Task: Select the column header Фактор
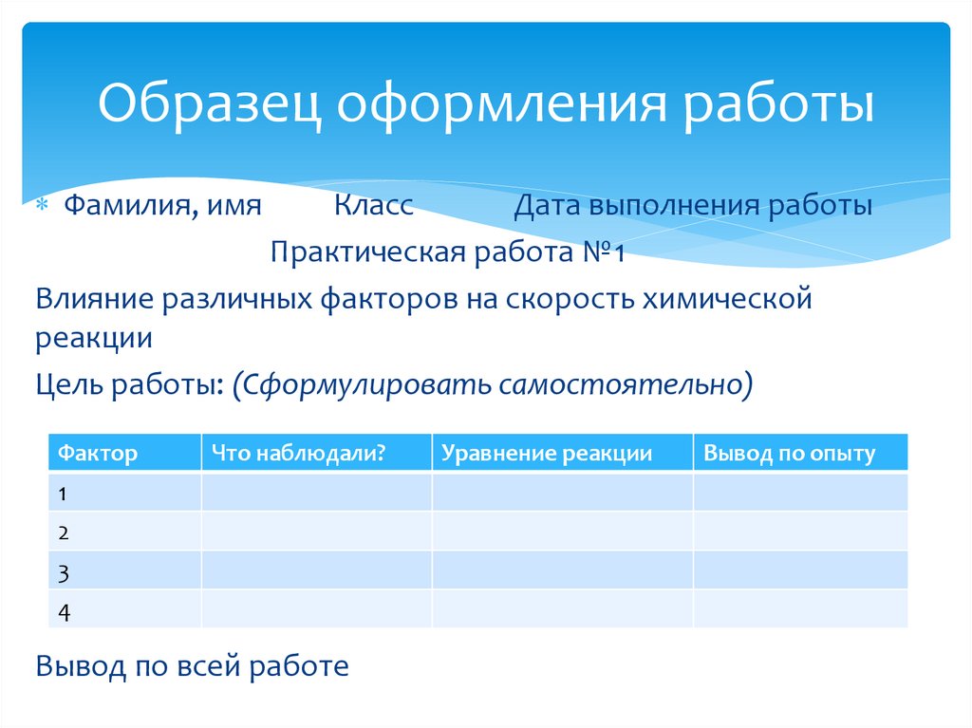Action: pos(98,454)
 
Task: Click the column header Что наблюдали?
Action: pos(297,454)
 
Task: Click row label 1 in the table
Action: pos(63,494)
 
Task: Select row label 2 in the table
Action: pos(63,532)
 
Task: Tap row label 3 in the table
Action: pos(63,572)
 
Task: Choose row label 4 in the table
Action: pos(64,612)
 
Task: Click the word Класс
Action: pos(373,206)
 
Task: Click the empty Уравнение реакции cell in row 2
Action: pos(562,532)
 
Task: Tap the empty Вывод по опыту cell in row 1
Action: pos(800,493)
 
